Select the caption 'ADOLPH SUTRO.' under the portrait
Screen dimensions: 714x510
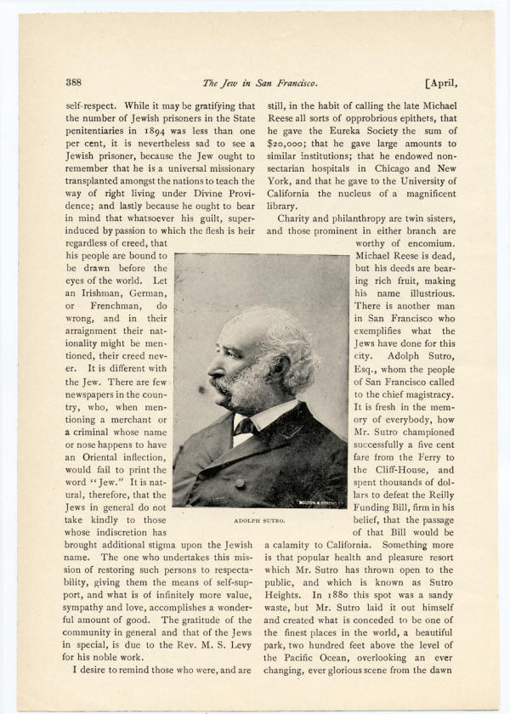(258, 518)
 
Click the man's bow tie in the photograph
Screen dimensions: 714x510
(246, 424)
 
